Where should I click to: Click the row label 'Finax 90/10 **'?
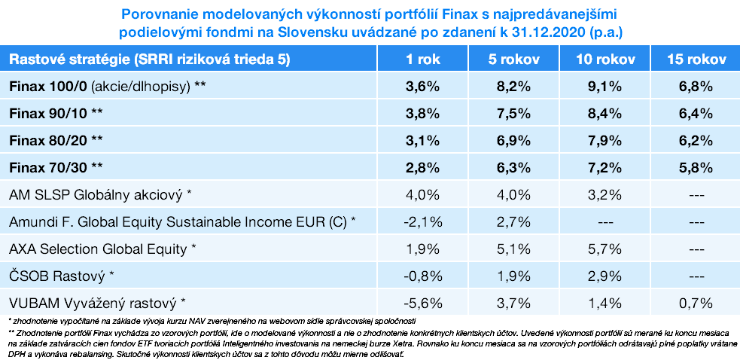click(56, 113)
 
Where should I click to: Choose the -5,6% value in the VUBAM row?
click(422, 303)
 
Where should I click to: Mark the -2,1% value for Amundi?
click(422, 221)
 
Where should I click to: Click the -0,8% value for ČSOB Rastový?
click(422, 276)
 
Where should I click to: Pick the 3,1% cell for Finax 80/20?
click(422, 140)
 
